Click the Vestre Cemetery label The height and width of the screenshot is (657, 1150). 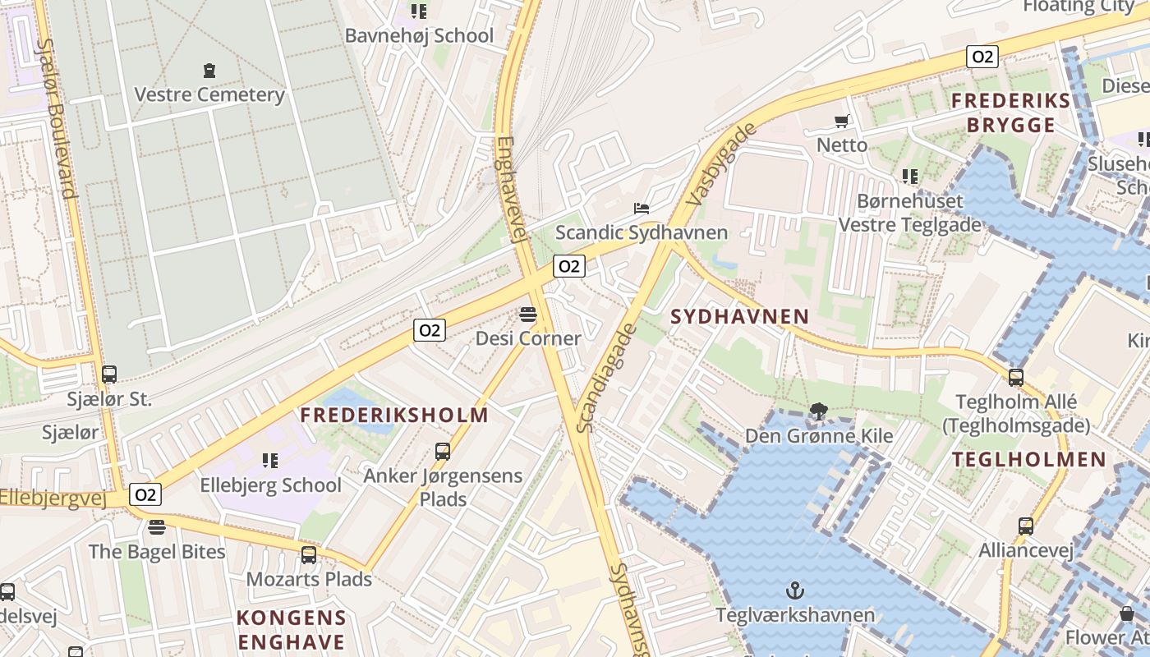coord(209,94)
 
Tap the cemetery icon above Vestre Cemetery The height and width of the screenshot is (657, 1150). coord(209,71)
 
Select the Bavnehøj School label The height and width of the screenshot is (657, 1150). coord(419,36)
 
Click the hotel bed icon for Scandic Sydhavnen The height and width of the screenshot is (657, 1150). coord(642,209)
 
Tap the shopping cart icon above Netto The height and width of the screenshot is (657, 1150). coord(841,122)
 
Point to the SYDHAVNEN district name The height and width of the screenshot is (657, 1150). coord(740,316)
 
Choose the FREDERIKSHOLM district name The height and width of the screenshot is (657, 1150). coord(394,415)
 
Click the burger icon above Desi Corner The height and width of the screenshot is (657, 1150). coord(527,314)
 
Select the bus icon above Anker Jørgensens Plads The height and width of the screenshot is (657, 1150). coord(443,451)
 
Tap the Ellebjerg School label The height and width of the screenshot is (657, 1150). coord(270,485)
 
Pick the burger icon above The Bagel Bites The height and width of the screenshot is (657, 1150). coord(157,526)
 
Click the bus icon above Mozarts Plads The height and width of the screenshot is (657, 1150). coord(309,554)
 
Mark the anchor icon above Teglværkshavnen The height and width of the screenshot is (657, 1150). coord(794,590)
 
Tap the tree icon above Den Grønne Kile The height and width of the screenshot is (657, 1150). coord(818,411)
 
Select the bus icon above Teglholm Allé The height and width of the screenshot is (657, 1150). coord(1016,377)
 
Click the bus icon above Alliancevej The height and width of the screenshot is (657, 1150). coord(1026,526)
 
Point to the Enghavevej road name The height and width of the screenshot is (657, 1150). coord(510,189)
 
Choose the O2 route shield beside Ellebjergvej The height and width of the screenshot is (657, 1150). coord(145,494)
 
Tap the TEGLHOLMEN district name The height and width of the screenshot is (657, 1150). coord(1029,459)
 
